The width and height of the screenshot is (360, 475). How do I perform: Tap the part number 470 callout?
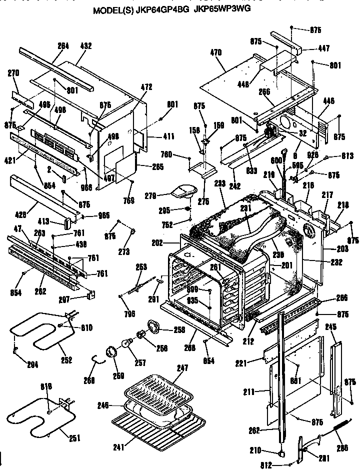tap(216, 51)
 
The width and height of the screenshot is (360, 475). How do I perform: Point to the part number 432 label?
tap(86, 46)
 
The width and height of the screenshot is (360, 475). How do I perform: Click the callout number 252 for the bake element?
tap(66, 360)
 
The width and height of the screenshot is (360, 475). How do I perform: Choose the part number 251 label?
tap(74, 438)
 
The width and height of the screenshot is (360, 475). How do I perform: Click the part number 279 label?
tap(150, 195)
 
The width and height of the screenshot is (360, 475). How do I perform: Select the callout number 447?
tap(323, 48)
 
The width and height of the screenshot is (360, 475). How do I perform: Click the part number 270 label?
tap(13, 73)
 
